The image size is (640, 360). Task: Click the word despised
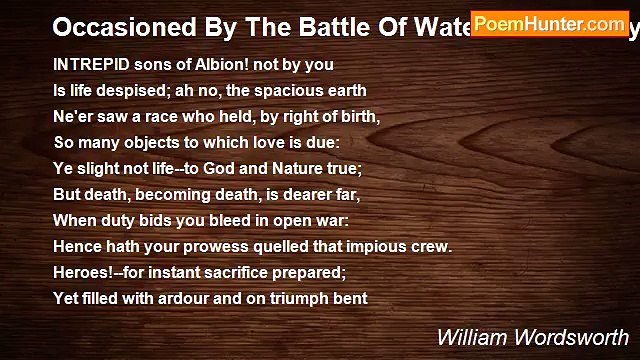pos(131,89)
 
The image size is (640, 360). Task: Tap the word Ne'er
pos(71,115)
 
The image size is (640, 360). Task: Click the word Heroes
pos(82,271)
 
